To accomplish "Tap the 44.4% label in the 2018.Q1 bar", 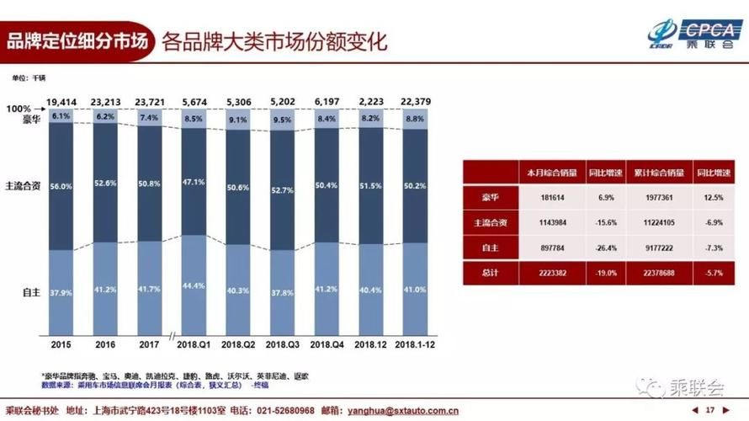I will click(x=194, y=285).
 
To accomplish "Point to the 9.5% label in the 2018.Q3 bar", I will click(x=283, y=120).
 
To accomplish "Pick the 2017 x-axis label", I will click(x=149, y=344).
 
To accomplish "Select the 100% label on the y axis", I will click(x=19, y=109).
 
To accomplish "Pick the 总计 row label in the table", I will click(x=488, y=273).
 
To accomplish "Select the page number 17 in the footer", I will click(x=710, y=411).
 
